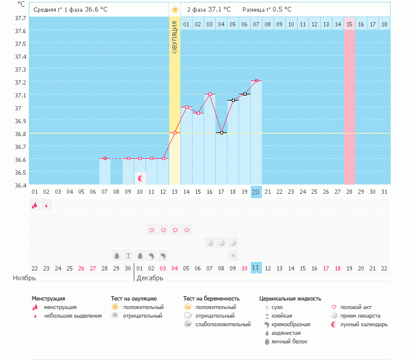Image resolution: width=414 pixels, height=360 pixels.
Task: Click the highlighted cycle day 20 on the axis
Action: [256, 192]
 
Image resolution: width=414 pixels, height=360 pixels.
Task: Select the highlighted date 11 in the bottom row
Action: [256, 268]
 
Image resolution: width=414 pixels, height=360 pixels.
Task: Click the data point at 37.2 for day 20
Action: [256, 80]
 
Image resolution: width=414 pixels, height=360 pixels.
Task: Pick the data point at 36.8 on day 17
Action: [221, 132]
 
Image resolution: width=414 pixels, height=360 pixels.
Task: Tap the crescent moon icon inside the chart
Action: [141, 178]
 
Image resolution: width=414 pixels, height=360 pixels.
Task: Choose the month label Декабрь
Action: [151, 278]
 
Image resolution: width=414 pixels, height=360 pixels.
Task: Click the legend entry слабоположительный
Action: [218, 324]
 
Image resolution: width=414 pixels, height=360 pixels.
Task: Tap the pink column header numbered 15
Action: [350, 24]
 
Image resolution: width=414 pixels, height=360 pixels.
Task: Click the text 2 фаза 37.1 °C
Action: [209, 10]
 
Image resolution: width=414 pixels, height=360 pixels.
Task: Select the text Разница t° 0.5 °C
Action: [267, 10]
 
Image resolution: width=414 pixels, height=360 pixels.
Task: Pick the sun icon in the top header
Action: [175, 10]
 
